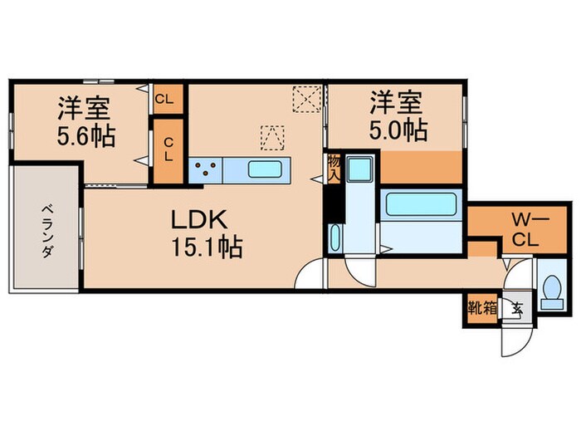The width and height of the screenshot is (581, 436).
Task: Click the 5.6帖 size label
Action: [x=85, y=134]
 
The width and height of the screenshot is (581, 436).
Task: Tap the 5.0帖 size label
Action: [x=398, y=130]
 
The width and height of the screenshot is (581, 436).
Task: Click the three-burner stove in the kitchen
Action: [x=204, y=170]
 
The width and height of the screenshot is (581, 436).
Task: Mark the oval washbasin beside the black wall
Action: [x=334, y=239]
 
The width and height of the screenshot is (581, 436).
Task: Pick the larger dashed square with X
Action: [x=306, y=100]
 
